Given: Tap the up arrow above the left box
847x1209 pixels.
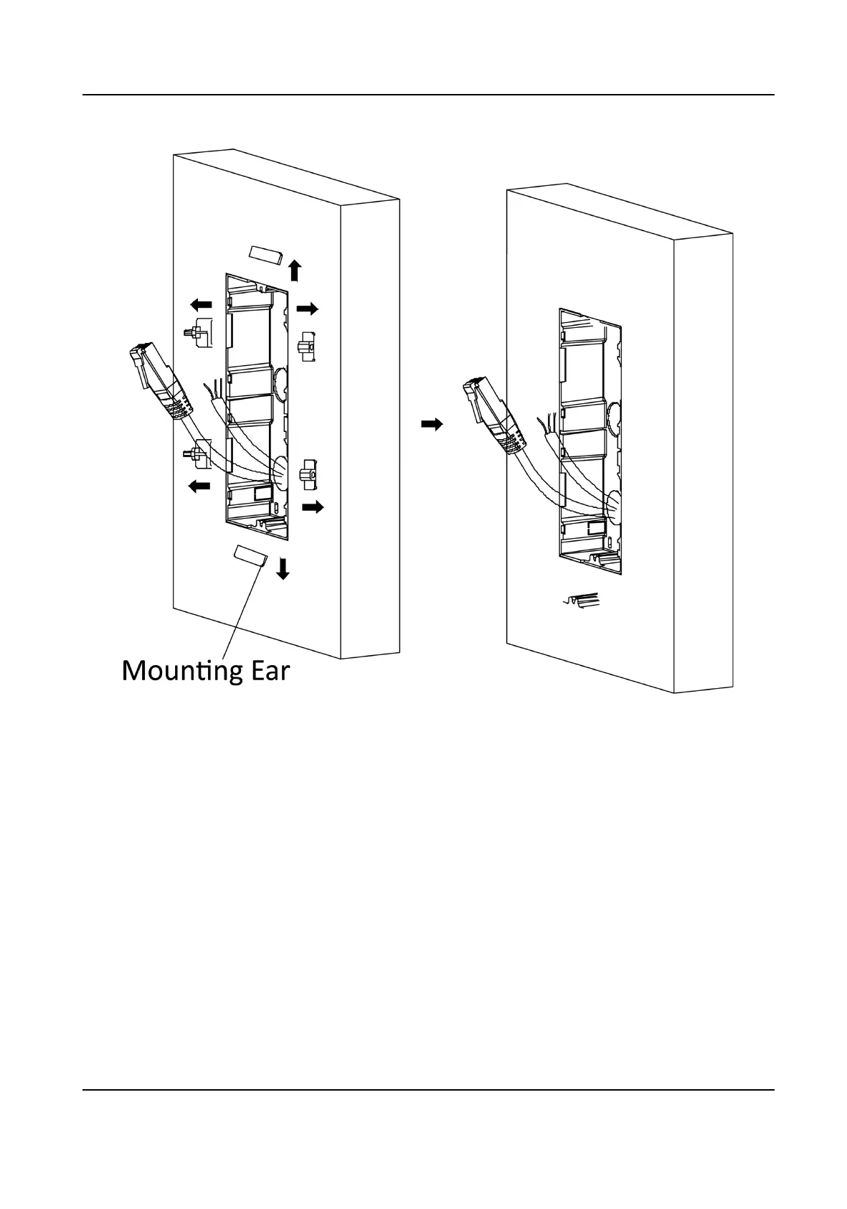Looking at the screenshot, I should click(294, 271).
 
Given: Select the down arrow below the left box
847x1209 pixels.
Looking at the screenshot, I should click(283, 569).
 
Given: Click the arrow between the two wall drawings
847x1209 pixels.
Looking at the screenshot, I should click(432, 425).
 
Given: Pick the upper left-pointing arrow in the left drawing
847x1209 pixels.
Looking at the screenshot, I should click(200, 304).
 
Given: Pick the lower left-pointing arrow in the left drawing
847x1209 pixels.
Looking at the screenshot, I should click(199, 487).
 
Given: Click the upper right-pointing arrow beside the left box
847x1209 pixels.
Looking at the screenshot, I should click(308, 309).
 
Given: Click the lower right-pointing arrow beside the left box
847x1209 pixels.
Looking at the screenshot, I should click(313, 507).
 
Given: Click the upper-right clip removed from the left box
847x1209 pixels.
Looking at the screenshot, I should click(308, 347).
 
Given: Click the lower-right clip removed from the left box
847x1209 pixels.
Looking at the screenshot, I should click(308, 474).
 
